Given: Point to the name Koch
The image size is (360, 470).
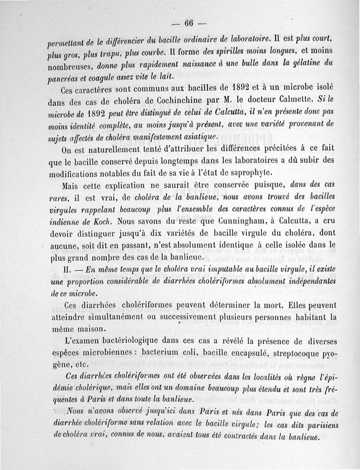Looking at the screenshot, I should [x=106, y=222].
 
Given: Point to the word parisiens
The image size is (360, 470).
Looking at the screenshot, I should [x=322, y=425].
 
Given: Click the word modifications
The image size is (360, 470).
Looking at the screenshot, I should [x=81, y=174].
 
